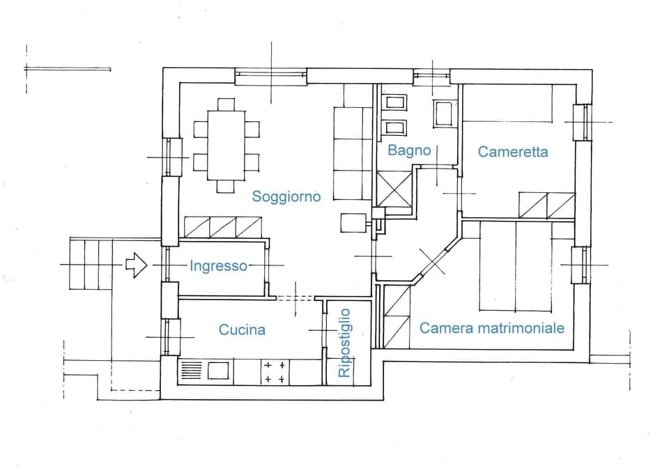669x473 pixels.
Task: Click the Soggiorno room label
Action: click(x=286, y=196)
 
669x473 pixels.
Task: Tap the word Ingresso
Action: click(x=218, y=265)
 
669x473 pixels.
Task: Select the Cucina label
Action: click(x=242, y=329)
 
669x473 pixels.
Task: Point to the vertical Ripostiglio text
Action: click(x=344, y=343)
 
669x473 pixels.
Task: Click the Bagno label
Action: click(x=409, y=150)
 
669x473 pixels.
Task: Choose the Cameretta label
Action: click(x=513, y=151)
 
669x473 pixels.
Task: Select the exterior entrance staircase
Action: click(x=91, y=264)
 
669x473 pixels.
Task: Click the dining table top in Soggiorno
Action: click(x=226, y=146)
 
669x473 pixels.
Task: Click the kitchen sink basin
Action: click(x=218, y=371)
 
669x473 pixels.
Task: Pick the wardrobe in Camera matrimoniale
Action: click(x=397, y=316)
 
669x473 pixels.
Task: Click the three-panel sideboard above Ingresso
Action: click(x=223, y=227)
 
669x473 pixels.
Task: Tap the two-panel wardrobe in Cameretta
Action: click(x=547, y=205)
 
